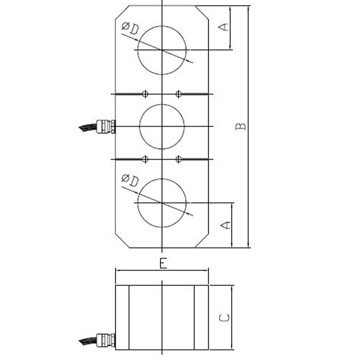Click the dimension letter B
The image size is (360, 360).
click(241, 126)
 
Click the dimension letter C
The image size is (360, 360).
click(225, 317)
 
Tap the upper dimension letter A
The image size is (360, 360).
click(224, 27)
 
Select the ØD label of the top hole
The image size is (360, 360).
click(130, 28)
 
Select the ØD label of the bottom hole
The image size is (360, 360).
click(130, 180)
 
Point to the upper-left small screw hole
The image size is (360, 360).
click(145, 94)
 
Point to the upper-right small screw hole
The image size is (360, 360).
click(179, 94)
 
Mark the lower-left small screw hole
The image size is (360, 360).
click(145, 159)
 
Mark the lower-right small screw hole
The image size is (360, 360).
click(179, 159)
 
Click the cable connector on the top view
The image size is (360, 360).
click(106, 126)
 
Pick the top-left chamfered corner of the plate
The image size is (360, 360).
click(122, 12)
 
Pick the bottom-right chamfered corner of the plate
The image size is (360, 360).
click(202, 241)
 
